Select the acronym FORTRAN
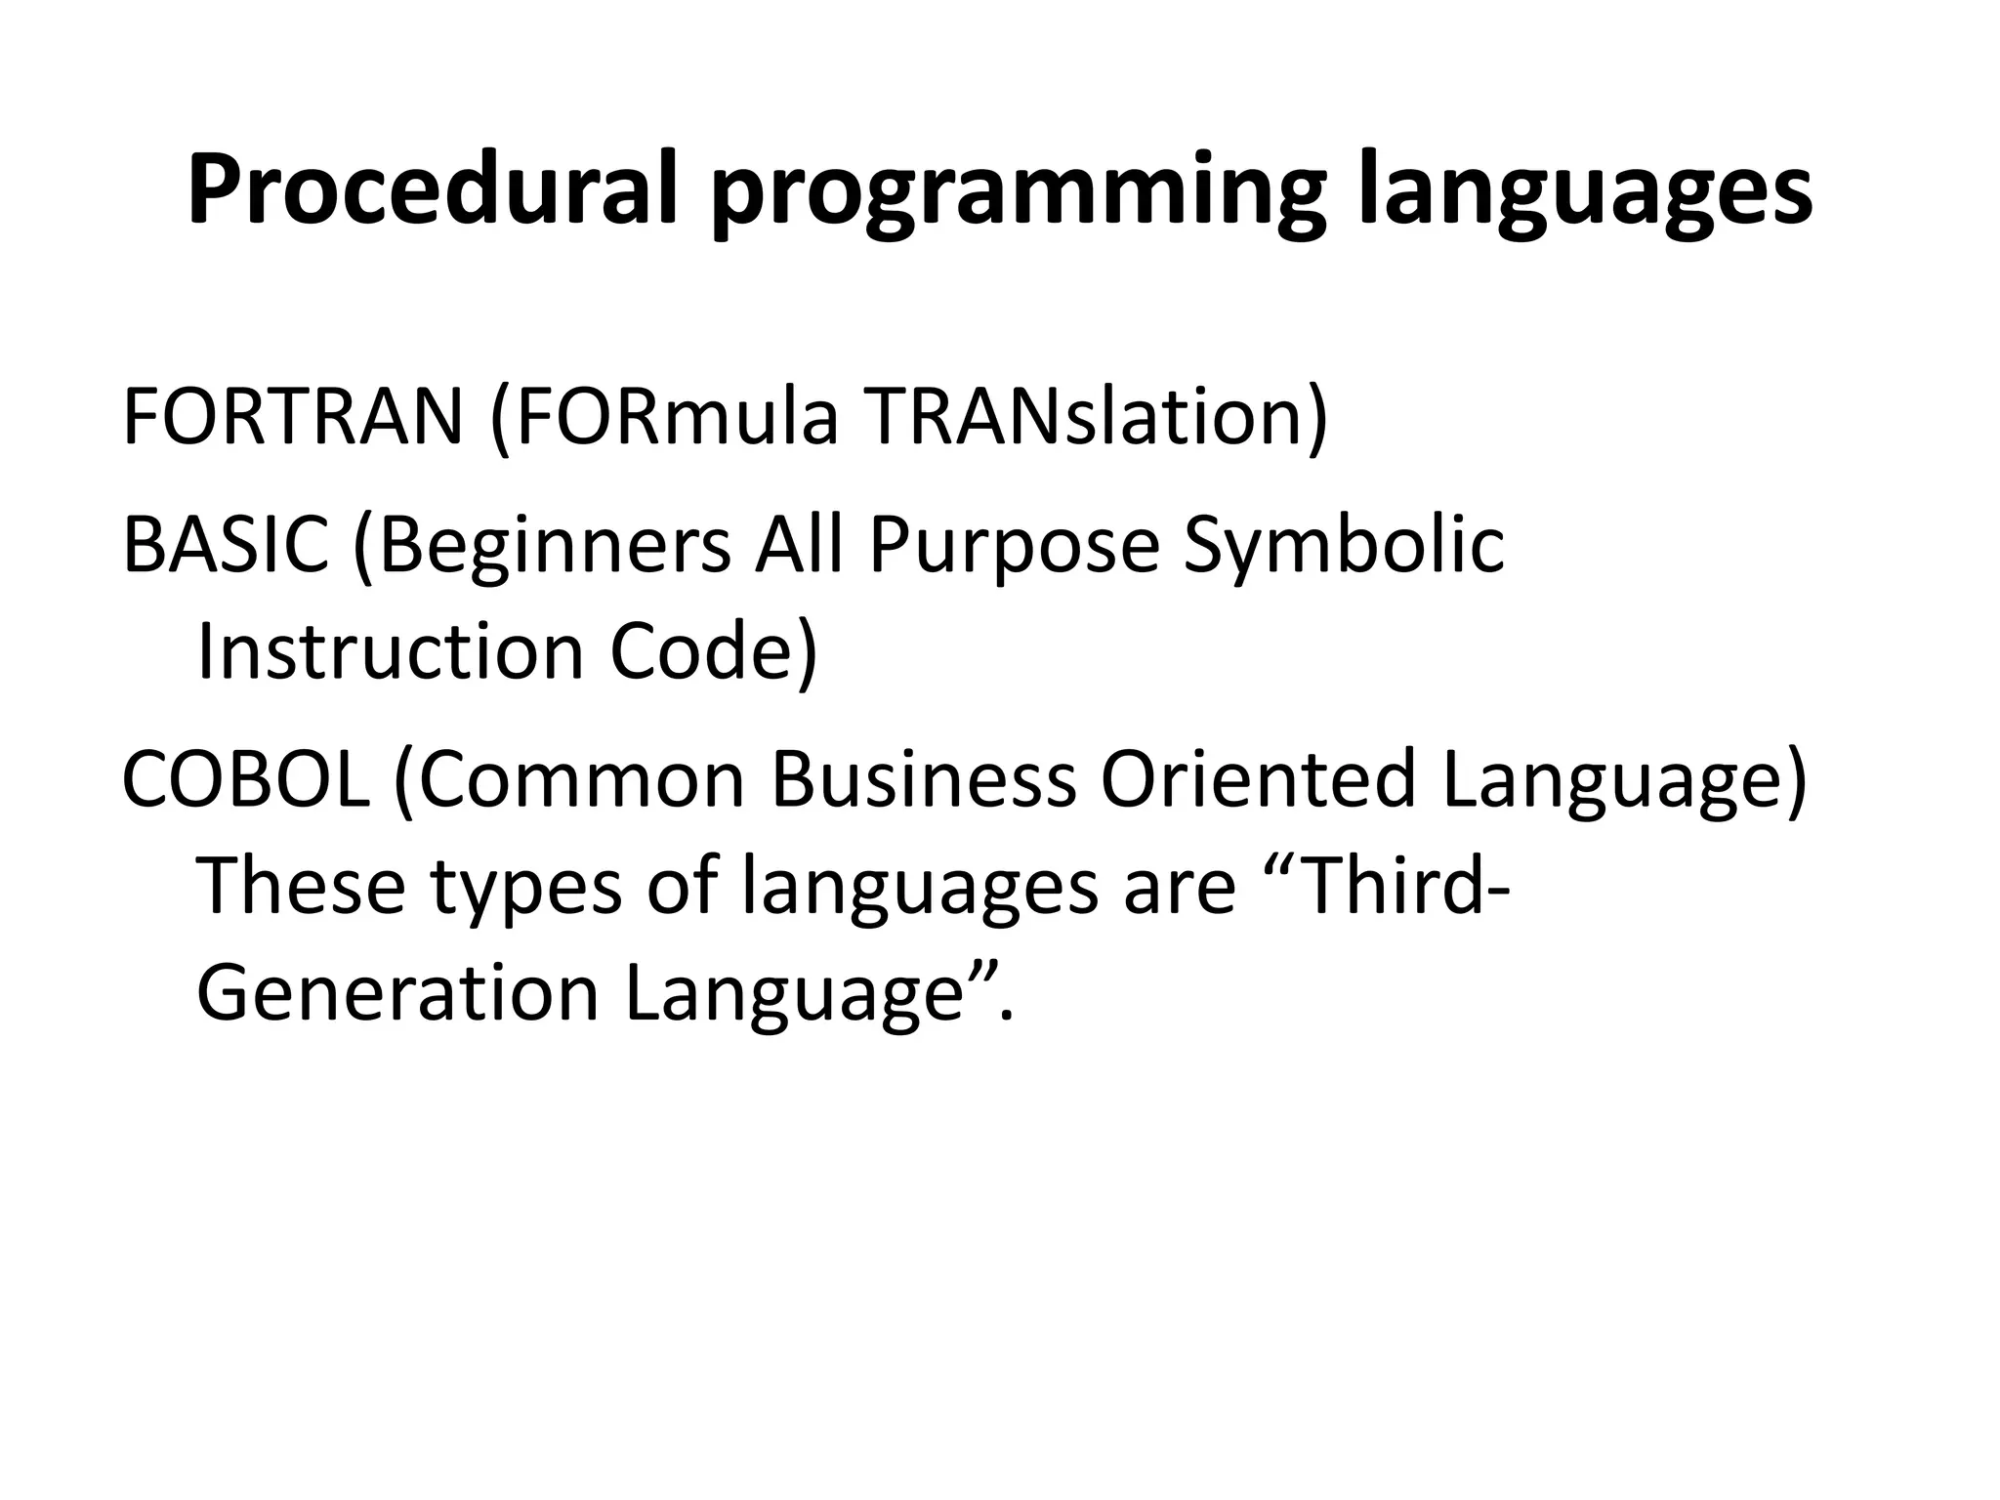[292, 417]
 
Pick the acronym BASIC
[226, 544]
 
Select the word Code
[711, 651]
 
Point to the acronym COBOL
[245, 778]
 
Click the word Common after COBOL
[580, 778]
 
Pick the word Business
[924, 778]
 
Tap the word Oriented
[1258, 778]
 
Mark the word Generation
[397, 993]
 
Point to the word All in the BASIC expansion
[798, 544]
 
